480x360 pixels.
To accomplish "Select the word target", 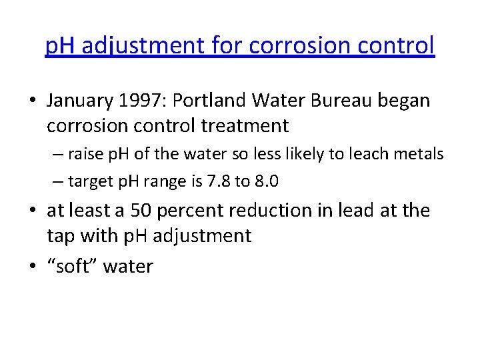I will [89, 180].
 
